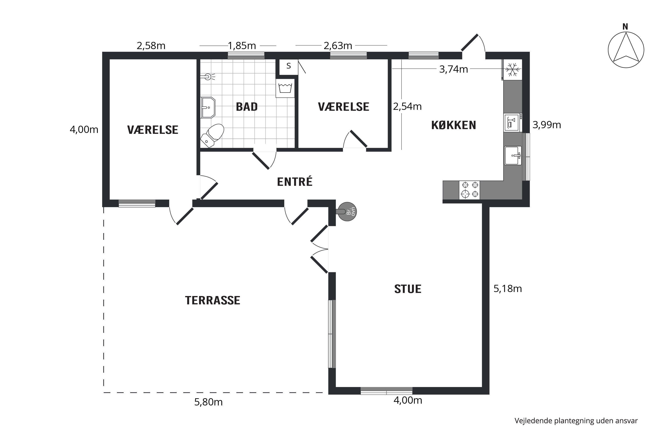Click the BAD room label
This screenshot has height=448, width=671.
point(247,107)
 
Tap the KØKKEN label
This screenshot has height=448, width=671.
point(454,125)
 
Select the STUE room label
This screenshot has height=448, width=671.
point(408,289)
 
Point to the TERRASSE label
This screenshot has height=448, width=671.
point(212,301)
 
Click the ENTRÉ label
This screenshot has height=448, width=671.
point(295,182)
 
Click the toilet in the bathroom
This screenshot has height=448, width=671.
point(212,136)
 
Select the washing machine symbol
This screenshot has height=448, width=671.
point(285,88)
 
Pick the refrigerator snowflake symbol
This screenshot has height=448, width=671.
point(512,69)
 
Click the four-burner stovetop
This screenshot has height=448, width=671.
point(469,190)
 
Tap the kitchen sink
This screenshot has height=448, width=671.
point(513,155)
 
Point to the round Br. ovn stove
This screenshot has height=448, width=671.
point(347,211)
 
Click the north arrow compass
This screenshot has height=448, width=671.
point(626,50)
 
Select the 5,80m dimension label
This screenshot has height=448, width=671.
point(208,402)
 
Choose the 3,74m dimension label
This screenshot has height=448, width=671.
point(453,69)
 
